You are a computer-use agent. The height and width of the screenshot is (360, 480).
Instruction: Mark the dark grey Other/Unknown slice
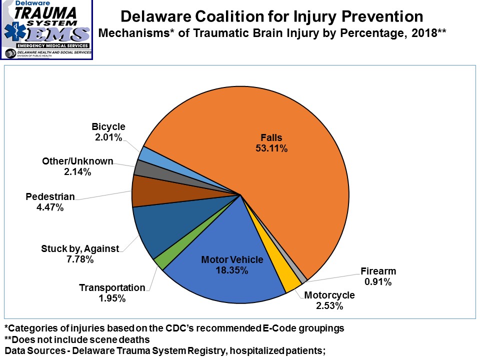click(141, 167)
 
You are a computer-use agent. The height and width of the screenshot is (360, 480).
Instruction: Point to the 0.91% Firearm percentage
click(378, 282)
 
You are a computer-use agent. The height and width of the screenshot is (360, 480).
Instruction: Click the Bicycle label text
click(108, 127)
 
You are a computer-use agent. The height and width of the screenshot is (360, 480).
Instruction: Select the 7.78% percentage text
click(80, 259)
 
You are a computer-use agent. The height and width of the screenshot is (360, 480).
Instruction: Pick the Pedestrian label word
click(50, 196)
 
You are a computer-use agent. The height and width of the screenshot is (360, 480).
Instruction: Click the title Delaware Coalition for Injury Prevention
click(272, 16)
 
